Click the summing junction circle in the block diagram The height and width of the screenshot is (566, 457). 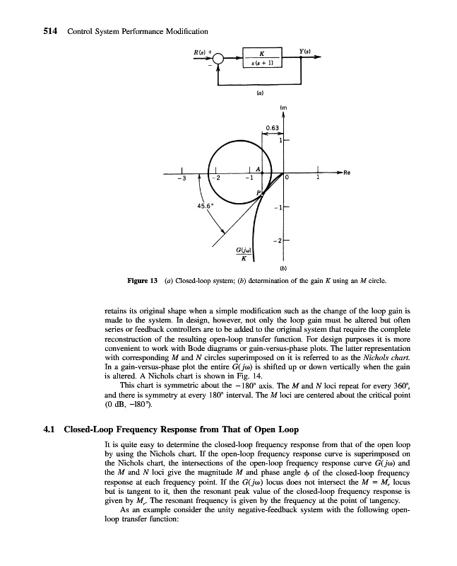(x=218, y=59)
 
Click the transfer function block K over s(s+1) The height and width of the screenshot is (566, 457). (x=262, y=59)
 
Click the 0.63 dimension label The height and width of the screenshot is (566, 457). (x=273, y=127)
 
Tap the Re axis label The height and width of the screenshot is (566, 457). (x=348, y=172)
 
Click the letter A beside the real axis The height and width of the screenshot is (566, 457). (x=259, y=168)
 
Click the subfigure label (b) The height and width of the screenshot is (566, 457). (x=283, y=269)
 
